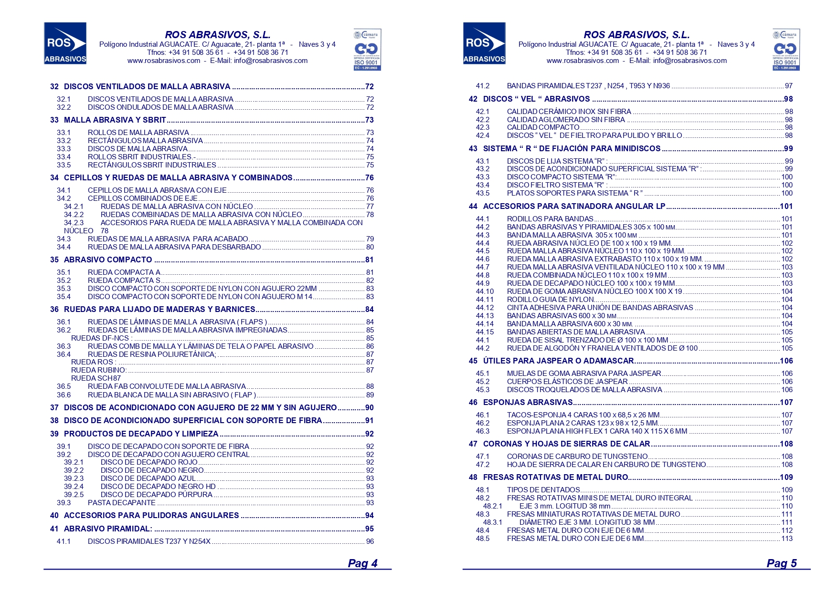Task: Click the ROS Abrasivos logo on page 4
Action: click(x=65, y=43)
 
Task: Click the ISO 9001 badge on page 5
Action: click(x=785, y=50)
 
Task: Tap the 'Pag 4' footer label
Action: click(x=362, y=563)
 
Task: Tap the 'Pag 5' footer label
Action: click(x=781, y=563)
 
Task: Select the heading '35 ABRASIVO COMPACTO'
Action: click(x=108, y=260)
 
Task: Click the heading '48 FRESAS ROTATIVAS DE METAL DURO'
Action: click(x=555, y=478)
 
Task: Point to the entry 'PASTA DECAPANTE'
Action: click(x=121, y=503)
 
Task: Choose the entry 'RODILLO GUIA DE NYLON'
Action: click(x=550, y=300)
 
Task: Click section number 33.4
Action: click(x=64, y=157)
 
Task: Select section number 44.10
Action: click(x=485, y=291)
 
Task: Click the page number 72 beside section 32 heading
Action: click(x=369, y=87)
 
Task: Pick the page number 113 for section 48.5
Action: click(x=786, y=539)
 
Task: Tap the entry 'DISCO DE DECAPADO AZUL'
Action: click(x=148, y=478)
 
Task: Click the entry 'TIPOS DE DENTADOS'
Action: click(x=543, y=490)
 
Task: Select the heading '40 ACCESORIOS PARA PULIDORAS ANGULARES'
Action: click(x=151, y=516)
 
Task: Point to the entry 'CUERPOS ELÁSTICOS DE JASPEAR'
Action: click(x=567, y=382)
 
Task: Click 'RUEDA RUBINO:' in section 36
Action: click(x=99, y=370)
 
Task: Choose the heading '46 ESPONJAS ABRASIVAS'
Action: click(x=528, y=403)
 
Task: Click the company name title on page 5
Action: click(x=636, y=35)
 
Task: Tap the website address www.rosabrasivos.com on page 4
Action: click(x=164, y=61)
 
